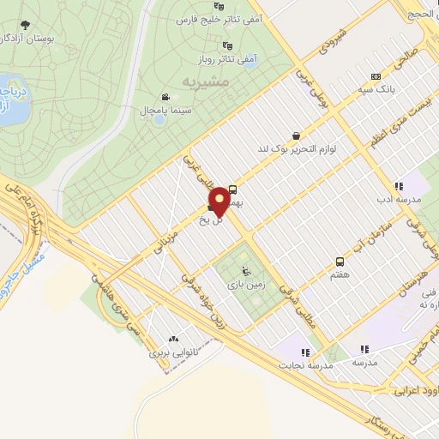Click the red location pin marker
point(219,201)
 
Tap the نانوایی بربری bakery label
point(174,352)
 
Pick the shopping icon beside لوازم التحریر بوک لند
point(297,135)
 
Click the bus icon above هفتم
point(340,262)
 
